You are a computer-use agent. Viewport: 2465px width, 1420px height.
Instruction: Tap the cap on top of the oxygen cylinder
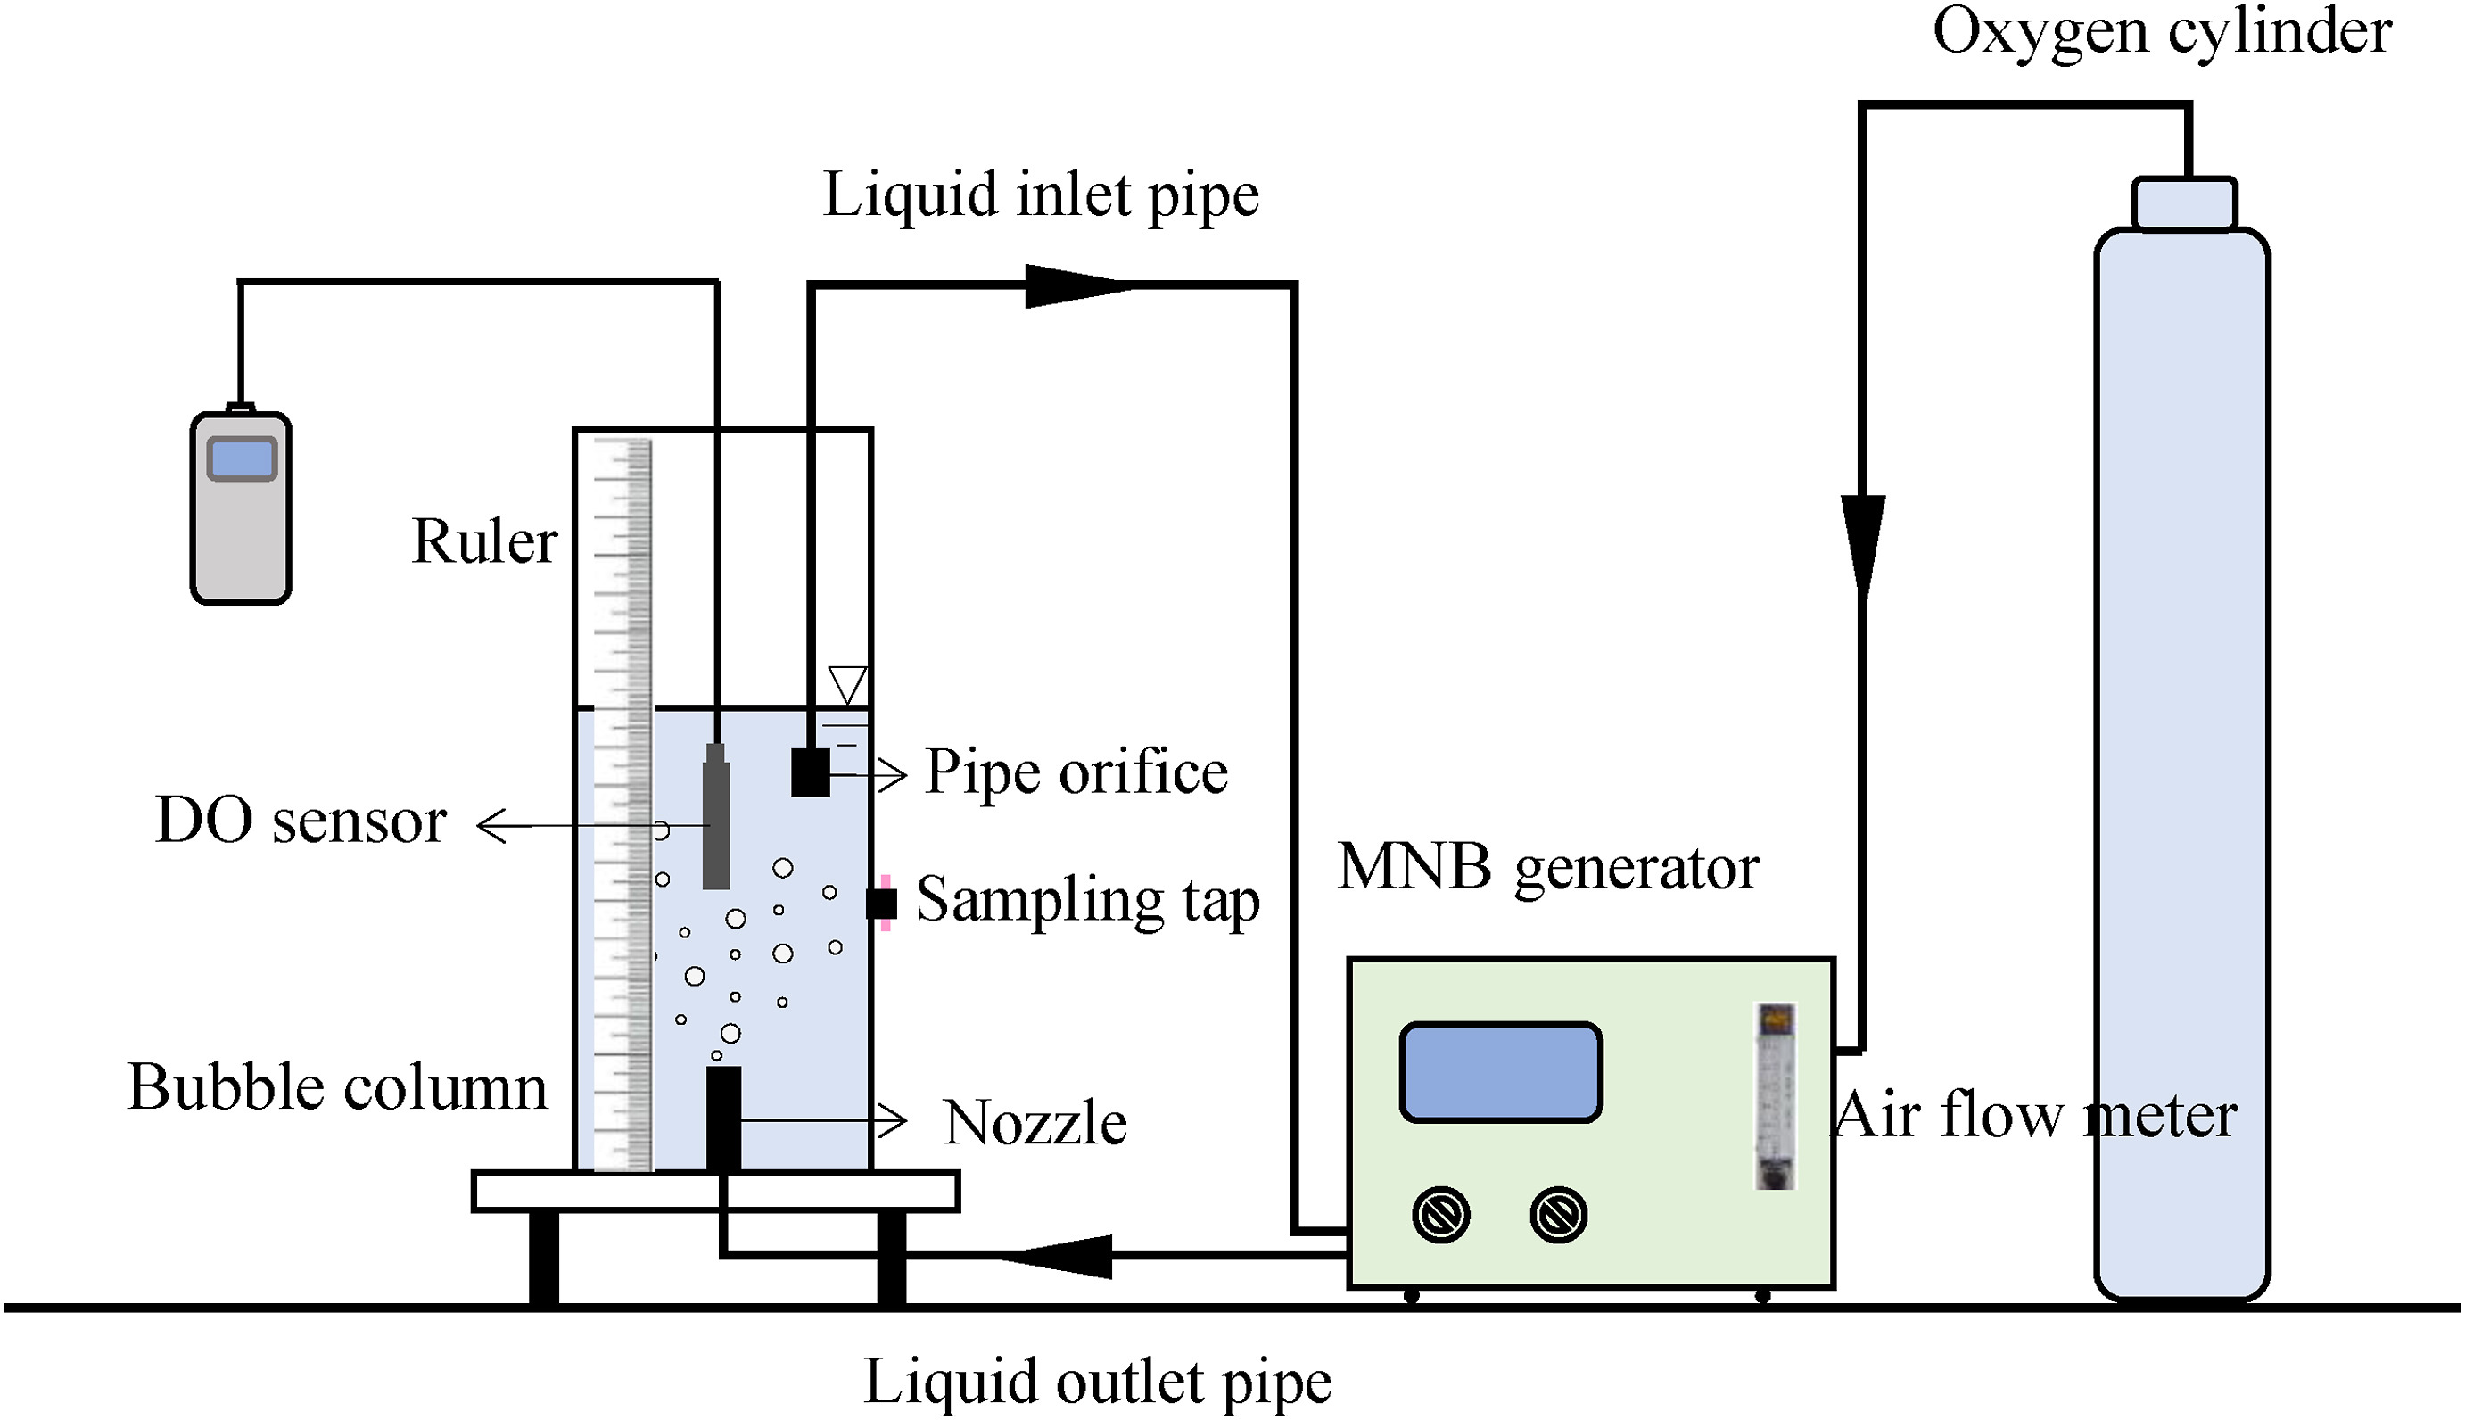[2183, 204]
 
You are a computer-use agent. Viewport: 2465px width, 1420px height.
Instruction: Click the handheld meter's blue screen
[242, 459]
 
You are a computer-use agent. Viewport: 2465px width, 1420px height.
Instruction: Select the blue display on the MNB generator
[1500, 1072]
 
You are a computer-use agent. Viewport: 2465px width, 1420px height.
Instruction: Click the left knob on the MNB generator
[1440, 1214]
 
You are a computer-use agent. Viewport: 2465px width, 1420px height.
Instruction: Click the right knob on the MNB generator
[1557, 1214]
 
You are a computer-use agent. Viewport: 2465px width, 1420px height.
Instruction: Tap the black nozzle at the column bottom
[722, 1118]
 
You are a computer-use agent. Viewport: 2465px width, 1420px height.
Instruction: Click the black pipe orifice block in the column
[809, 772]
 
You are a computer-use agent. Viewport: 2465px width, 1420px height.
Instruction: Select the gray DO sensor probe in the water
[716, 819]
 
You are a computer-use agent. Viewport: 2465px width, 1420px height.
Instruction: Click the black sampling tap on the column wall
[882, 903]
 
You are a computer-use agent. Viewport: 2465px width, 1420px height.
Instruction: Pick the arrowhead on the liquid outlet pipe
[1058, 1255]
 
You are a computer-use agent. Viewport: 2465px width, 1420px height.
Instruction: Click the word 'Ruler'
[483, 541]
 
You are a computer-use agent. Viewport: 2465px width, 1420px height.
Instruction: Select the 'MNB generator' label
[1547, 867]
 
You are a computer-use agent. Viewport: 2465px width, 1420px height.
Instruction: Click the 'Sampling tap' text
[1087, 900]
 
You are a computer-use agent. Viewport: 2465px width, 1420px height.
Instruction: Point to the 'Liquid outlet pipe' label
[1097, 1382]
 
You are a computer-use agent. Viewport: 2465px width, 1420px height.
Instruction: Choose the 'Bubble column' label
[337, 1086]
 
